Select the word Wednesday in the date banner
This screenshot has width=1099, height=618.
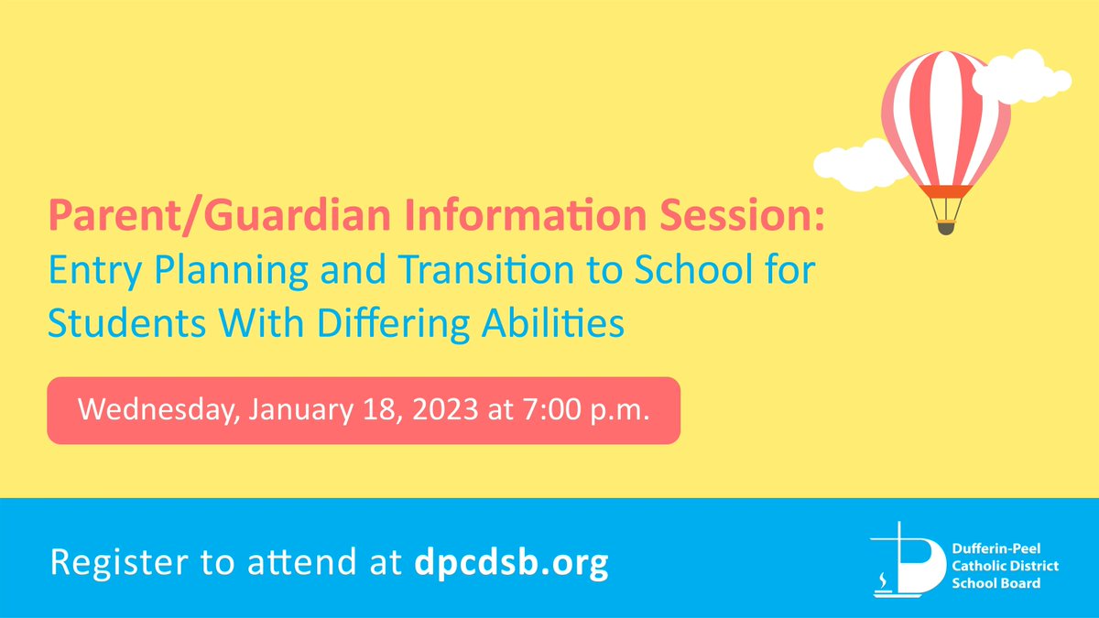point(155,409)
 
